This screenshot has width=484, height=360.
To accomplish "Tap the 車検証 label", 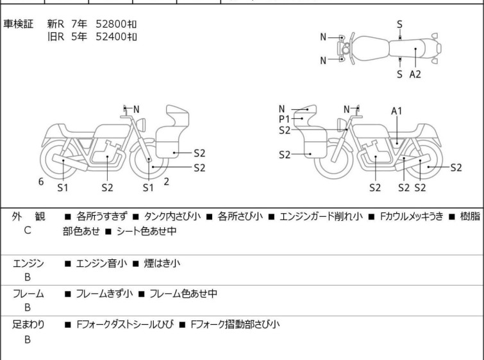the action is (18, 24).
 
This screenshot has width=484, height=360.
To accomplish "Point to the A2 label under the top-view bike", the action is (415, 74).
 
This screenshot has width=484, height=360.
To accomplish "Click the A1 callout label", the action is (397, 111).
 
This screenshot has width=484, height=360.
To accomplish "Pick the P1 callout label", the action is (284, 119).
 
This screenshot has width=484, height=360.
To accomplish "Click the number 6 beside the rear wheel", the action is (41, 182).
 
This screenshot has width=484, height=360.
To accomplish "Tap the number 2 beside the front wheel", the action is (167, 182).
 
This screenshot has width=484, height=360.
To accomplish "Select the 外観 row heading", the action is (28, 216).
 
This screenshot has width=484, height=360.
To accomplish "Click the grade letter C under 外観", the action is (28, 230).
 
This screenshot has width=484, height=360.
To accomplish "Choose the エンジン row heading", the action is (28, 263).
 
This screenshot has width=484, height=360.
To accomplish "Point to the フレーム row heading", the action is (28, 293).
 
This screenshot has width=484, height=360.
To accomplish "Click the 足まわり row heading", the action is (28, 325).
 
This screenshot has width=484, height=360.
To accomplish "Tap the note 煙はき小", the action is (162, 263).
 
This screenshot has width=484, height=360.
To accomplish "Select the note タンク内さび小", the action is (172, 216).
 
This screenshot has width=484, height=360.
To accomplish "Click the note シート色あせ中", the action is (146, 231).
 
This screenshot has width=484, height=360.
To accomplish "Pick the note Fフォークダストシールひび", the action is (125, 325).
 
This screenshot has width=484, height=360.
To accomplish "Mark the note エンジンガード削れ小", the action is (321, 216).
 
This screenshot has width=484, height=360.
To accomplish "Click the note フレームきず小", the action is (104, 293).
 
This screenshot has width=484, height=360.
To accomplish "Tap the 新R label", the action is (56, 24).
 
